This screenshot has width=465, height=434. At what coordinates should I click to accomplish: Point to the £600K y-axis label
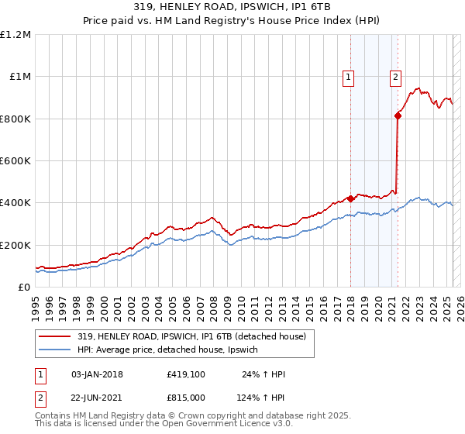click(15, 161)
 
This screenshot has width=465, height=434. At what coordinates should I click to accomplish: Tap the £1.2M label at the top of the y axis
click(16, 35)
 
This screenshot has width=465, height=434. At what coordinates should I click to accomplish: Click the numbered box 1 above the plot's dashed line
click(349, 77)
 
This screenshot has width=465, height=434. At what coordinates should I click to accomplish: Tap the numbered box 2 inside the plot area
click(395, 77)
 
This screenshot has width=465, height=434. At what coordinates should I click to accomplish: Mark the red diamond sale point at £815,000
click(398, 115)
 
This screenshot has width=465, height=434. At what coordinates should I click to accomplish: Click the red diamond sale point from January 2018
click(350, 198)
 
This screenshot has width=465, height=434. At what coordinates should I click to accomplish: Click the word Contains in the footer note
click(53, 416)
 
